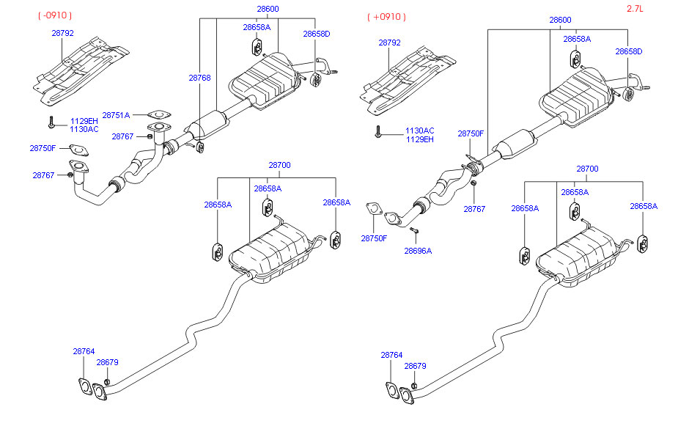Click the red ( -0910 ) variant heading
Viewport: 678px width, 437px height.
coord(56,15)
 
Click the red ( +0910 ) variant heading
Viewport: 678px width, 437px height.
coord(386,16)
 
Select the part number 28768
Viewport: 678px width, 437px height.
coord(199,77)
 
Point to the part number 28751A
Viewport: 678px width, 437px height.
coord(116,115)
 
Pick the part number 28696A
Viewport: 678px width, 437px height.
coord(418,250)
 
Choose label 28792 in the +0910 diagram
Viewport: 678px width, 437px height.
coord(389,43)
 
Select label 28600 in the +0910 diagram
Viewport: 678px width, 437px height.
coord(561,20)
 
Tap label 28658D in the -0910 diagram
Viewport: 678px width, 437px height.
coord(317,34)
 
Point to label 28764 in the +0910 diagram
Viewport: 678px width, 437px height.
coord(391,355)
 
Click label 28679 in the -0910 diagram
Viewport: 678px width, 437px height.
coord(108,362)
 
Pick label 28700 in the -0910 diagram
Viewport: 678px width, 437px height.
coord(279,165)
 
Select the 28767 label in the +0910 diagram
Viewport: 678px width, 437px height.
coord(474,209)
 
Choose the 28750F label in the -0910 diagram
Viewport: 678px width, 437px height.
coord(43,148)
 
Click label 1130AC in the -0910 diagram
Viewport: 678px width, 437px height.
coord(84,129)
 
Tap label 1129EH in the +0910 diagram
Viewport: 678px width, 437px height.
coord(420,139)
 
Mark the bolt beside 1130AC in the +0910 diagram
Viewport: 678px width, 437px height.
coord(378,133)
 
